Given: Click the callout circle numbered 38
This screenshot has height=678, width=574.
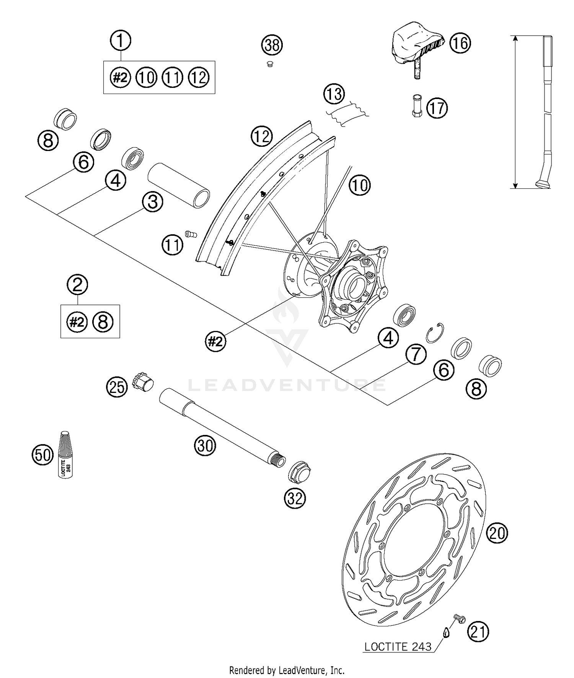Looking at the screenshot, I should (272, 45).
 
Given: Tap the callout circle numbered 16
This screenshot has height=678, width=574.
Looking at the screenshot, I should (460, 43).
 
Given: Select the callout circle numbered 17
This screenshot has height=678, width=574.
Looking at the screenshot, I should (437, 108).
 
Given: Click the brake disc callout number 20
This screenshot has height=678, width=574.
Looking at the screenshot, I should (497, 533).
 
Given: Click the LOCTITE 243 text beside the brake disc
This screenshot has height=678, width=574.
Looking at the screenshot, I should (398, 647).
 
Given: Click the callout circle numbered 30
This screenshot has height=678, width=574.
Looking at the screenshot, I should (205, 446).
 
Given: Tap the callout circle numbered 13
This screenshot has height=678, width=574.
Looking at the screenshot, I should (334, 94).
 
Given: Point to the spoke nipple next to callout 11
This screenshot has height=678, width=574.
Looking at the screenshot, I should (190, 234).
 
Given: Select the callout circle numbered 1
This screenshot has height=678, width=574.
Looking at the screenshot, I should (121, 41).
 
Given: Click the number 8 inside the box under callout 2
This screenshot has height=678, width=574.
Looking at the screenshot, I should (103, 322).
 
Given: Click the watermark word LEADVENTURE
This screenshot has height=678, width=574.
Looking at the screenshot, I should (287, 384).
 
